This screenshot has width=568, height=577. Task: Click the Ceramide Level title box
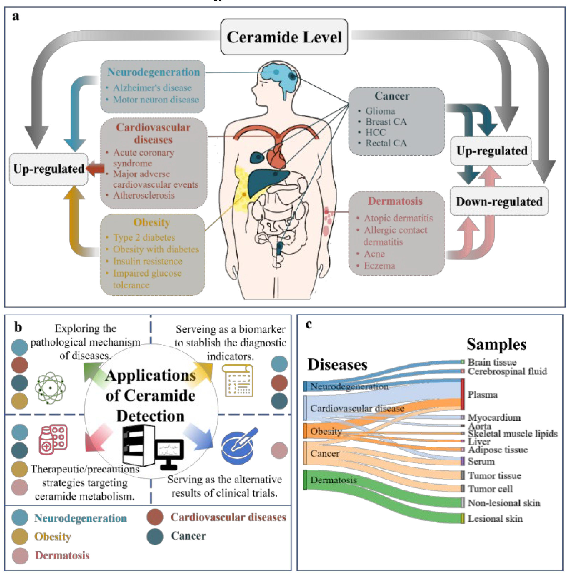click(x=284, y=37)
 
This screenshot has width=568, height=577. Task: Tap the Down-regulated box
click(x=499, y=201)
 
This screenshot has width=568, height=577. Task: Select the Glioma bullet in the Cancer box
click(x=380, y=111)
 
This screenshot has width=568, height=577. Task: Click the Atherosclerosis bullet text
click(x=144, y=195)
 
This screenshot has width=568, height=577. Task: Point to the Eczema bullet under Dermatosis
click(x=379, y=265)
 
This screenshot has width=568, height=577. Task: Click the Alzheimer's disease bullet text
click(x=152, y=88)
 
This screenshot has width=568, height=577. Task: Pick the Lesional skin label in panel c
click(x=494, y=519)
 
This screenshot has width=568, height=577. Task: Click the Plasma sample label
click(x=482, y=395)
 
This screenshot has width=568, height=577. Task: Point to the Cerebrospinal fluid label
click(x=507, y=371)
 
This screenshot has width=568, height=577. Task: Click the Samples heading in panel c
click(x=496, y=344)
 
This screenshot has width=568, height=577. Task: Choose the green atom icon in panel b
click(x=50, y=388)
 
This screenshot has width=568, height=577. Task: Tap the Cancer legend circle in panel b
click(x=155, y=536)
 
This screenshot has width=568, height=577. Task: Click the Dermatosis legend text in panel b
click(x=62, y=555)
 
